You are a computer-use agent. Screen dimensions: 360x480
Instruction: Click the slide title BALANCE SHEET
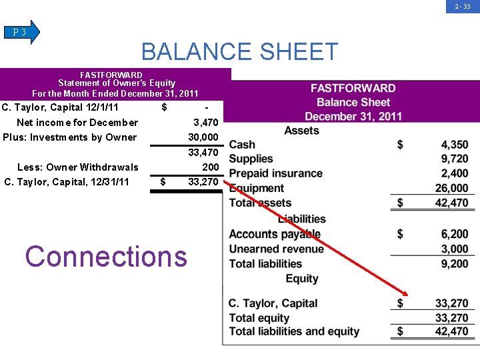pyautogui.click(x=240, y=52)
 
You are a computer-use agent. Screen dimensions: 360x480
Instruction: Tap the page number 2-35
pyautogui.click(x=463, y=7)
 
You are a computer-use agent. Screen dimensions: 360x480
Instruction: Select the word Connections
pyautogui.click(x=106, y=256)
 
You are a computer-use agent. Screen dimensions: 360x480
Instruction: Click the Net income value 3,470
pyautogui.click(x=205, y=123)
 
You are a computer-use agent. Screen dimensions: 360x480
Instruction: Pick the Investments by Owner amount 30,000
pyautogui.click(x=203, y=137)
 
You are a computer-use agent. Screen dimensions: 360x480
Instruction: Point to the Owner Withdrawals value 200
pyautogui.click(x=210, y=167)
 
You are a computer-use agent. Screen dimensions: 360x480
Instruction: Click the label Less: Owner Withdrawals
pyautogui.click(x=77, y=167)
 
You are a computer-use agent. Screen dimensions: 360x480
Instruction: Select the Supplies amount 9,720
pyautogui.click(x=454, y=159)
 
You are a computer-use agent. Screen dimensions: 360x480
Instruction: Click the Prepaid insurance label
pyautogui.click(x=275, y=173)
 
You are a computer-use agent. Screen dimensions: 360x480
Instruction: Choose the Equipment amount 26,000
pyautogui.click(x=451, y=189)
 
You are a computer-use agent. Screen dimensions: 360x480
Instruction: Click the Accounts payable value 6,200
pyautogui.click(x=454, y=234)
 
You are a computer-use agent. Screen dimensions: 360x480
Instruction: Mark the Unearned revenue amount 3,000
pyautogui.click(x=454, y=249)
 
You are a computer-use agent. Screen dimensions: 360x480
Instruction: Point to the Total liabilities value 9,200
pyautogui.click(x=454, y=263)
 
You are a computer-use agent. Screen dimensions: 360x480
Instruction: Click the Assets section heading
pyautogui.click(x=301, y=131)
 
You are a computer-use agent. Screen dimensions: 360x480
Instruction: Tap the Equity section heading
pyautogui.click(x=301, y=279)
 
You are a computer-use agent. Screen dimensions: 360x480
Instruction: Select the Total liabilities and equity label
pyautogui.click(x=294, y=331)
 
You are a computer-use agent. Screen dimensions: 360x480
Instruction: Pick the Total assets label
pyautogui.click(x=260, y=203)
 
